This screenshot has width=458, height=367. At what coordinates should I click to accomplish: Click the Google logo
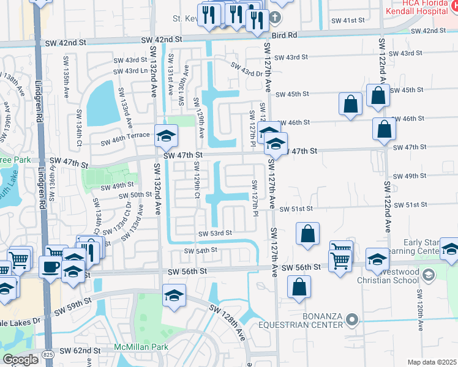tap(21, 359)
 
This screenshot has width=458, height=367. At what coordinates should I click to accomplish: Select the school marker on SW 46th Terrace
tap(166, 136)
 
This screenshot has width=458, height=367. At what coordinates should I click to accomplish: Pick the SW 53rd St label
tap(215, 233)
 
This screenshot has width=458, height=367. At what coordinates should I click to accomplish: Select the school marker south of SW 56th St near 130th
tap(174, 295)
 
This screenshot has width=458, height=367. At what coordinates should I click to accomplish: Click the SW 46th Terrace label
tap(126, 141)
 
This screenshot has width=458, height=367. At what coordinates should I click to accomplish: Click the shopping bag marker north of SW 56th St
tap(307, 234)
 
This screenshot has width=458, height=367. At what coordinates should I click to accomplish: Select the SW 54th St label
tap(201, 250)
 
